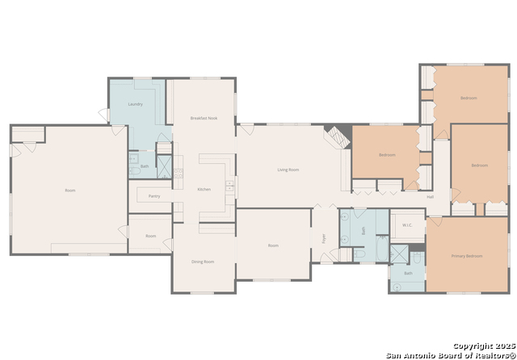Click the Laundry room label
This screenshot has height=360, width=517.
click(x=135, y=104)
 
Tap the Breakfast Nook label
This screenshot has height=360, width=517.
click(x=204, y=118)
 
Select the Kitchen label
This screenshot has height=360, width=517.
click(x=204, y=189)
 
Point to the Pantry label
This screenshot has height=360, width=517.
click(x=153, y=196)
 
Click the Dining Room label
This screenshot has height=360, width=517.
click(x=203, y=262)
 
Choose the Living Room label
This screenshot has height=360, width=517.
click(x=288, y=170)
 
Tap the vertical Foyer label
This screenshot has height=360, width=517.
click(x=324, y=238)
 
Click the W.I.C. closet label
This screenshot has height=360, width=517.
click(x=407, y=225)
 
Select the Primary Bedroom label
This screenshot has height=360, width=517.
click(x=466, y=256)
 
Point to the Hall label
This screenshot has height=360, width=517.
click(x=430, y=196)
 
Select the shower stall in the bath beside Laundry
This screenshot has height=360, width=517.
click(x=164, y=167)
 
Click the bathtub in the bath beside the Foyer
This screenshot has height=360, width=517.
click(x=359, y=254)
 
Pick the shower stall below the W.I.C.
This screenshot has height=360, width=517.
click(x=399, y=254)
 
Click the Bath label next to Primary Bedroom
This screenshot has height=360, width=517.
click(x=408, y=274)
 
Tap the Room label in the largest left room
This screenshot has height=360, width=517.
click(x=70, y=190)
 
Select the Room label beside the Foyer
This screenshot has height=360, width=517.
click(x=273, y=245)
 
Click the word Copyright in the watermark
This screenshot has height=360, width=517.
click(x=472, y=345)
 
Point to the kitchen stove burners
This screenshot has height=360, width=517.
click(x=229, y=188)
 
